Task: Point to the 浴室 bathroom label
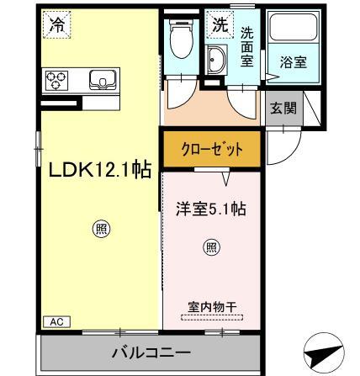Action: tap(294, 61)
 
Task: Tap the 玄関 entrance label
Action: tap(280, 107)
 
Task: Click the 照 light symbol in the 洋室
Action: tap(210, 246)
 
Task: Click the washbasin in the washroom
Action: tap(216, 61)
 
